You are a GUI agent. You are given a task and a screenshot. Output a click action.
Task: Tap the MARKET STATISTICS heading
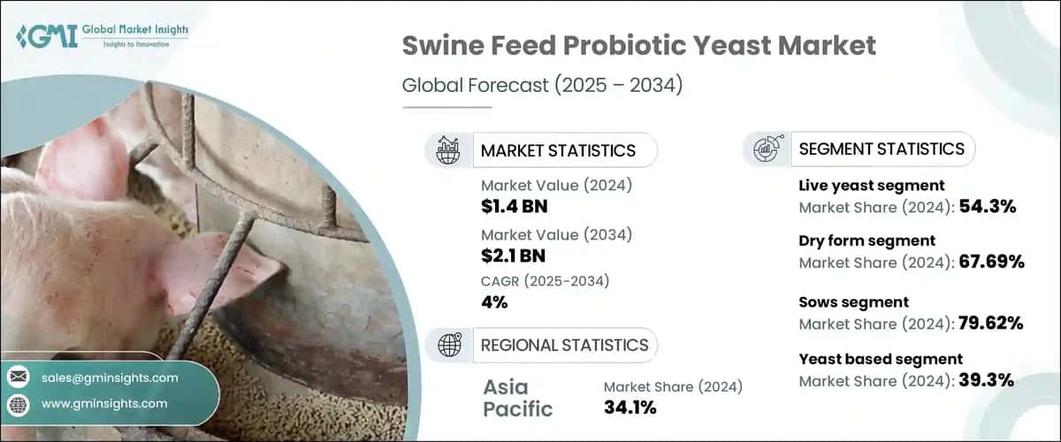(x=557, y=150)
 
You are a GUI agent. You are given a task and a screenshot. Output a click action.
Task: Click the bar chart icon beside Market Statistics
(x=448, y=150)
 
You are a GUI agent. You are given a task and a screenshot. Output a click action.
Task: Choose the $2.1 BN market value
(x=513, y=256)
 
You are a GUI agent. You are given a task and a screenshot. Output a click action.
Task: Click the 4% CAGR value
(x=494, y=302)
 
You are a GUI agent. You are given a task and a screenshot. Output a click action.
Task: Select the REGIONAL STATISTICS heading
(x=564, y=345)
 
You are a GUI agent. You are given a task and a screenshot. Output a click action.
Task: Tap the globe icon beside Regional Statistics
(x=448, y=345)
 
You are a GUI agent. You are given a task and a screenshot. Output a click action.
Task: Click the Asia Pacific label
(x=518, y=398)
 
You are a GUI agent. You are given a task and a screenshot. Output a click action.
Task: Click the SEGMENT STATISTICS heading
(x=882, y=149)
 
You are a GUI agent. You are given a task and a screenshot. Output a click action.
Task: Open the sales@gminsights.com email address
(x=110, y=377)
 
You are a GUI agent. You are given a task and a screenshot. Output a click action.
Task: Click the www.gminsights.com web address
(x=104, y=403)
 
